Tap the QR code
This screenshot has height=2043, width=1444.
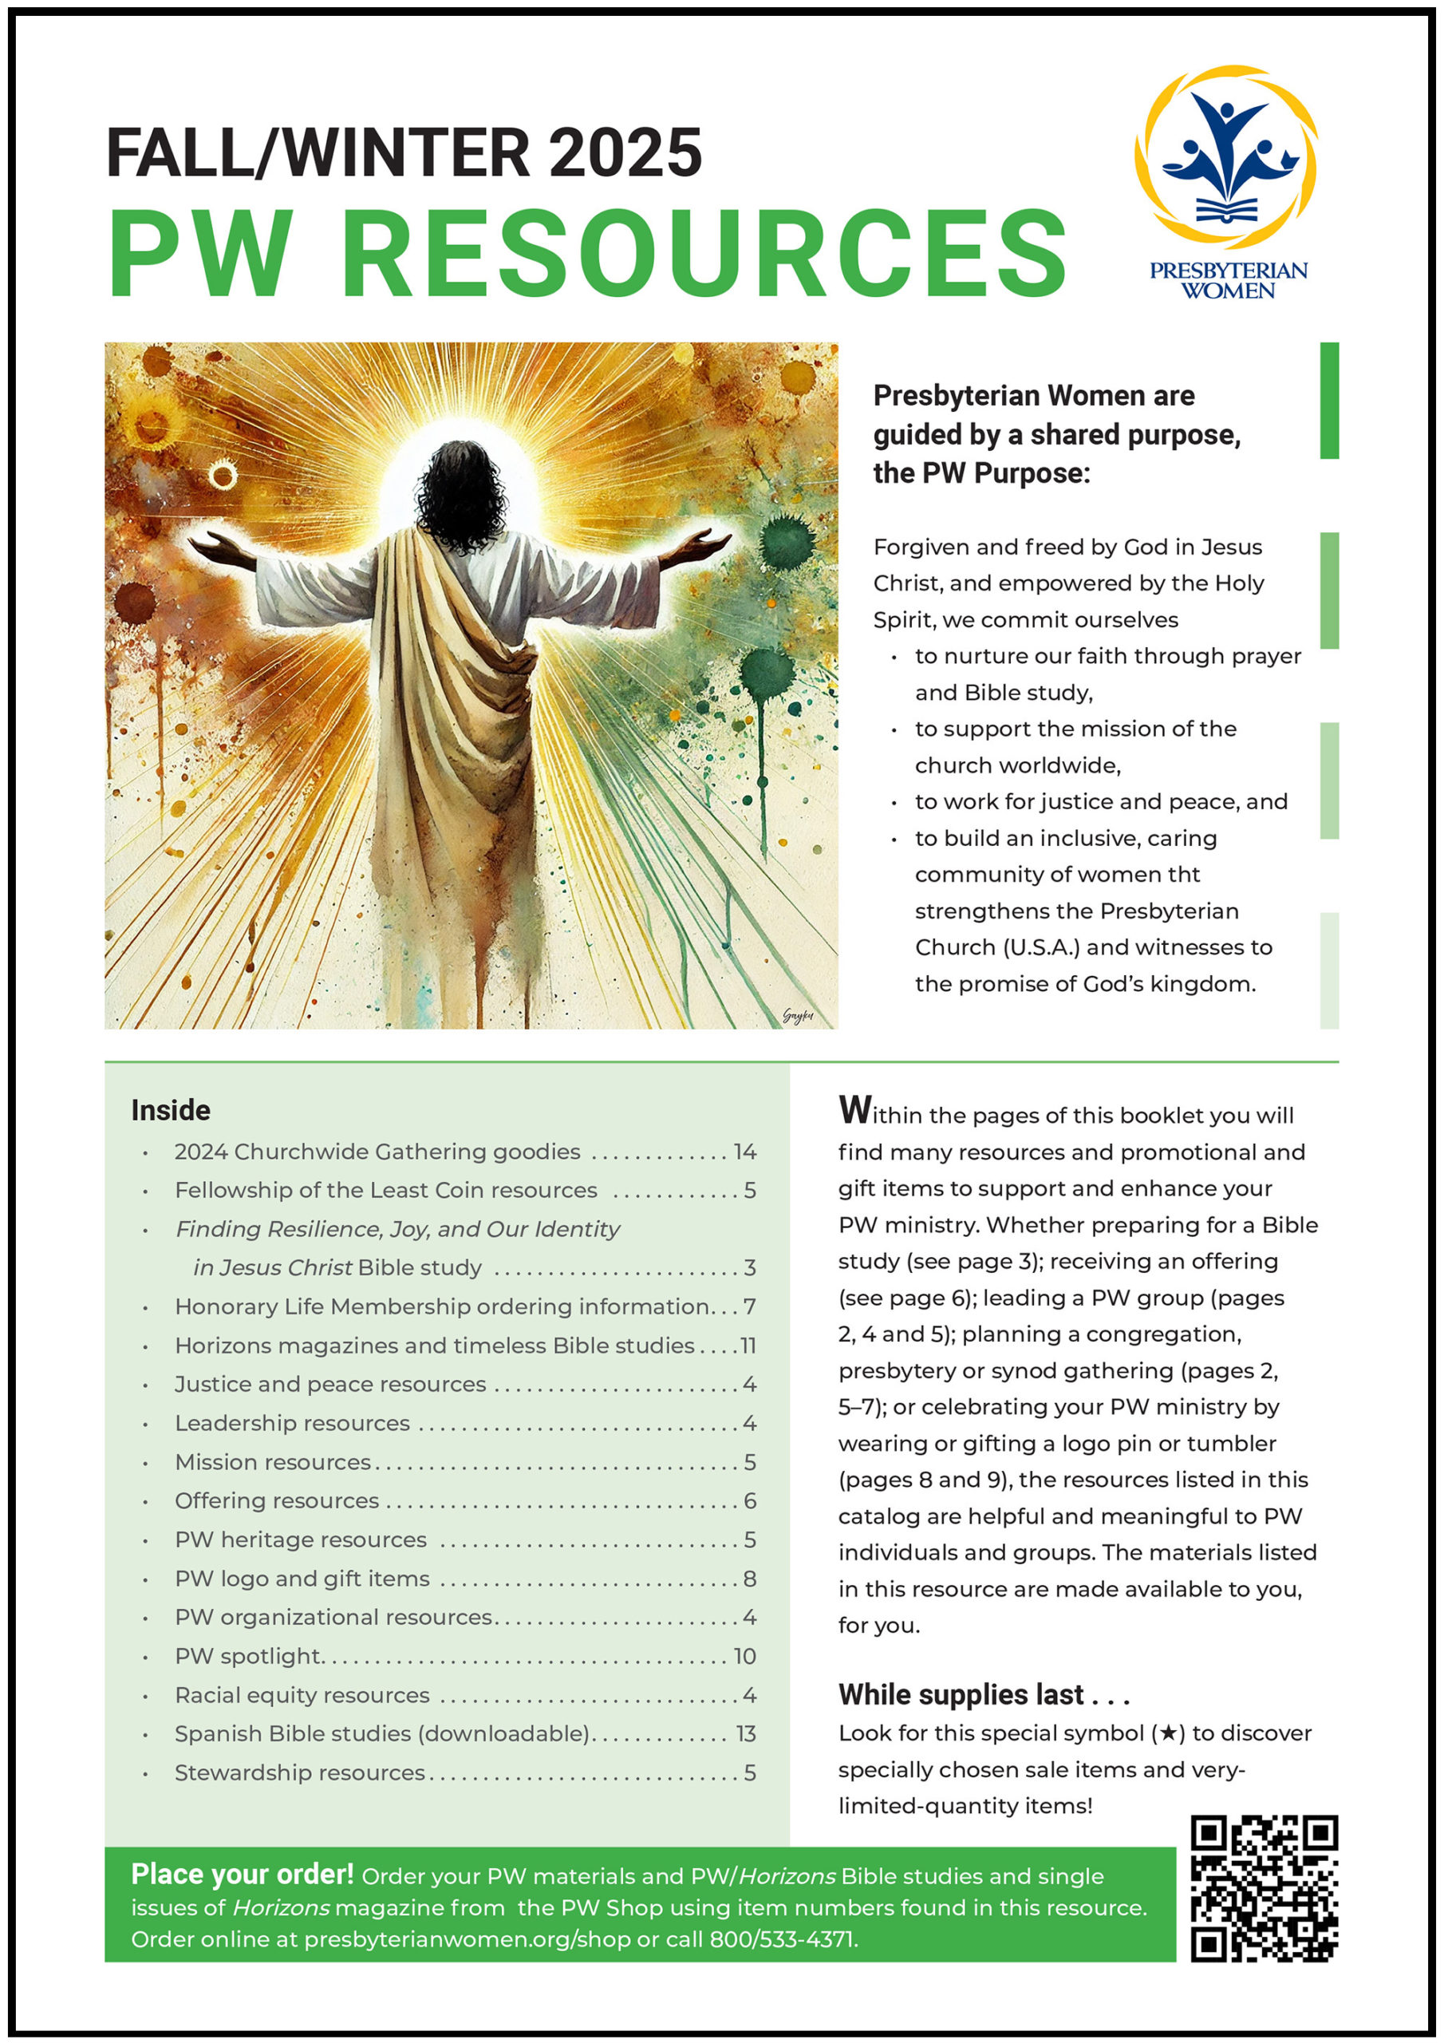pyautogui.click(x=1264, y=1887)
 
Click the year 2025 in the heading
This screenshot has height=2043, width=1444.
pyautogui.click(x=625, y=153)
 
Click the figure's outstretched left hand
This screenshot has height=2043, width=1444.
pyautogui.click(x=218, y=544)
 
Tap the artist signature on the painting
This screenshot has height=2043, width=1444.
pyautogui.click(x=797, y=1015)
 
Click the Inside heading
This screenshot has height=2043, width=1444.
pyautogui.click(x=171, y=1109)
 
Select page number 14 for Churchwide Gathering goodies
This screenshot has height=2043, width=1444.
pyautogui.click(x=744, y=1152)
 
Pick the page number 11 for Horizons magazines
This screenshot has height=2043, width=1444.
pyautogui.click(x=748, y=1346)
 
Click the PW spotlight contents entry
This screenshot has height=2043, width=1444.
pyautogui.click(x=248, y=1656)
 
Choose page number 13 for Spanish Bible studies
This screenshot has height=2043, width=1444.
pyautogui.click(x=746, y=1733)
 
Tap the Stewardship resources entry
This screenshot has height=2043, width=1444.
pyautogui.click(x=300, y=1772)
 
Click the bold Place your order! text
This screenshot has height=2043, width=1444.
pyautogui.click(x=242, y=1875)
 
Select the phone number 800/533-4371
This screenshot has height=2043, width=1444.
pyautogui.click(x=782, y=1939)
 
